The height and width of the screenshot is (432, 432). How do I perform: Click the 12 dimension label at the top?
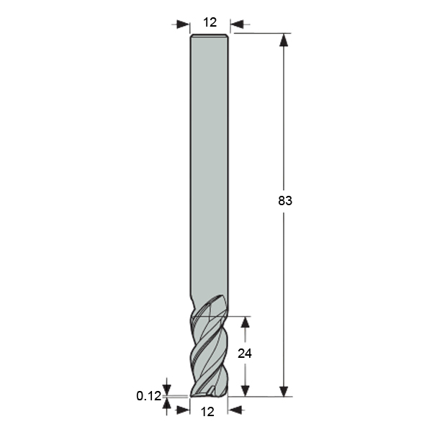tap(210, 22)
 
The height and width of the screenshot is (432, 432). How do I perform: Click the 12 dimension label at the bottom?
tap(207, 412)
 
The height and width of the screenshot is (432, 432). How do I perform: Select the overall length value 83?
tap(285, 201)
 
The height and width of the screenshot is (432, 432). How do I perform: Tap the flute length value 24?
tap(245, 354)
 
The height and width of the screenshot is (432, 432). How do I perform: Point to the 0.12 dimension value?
tap(149, 396)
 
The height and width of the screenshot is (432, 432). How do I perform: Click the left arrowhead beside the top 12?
tap(183, 24)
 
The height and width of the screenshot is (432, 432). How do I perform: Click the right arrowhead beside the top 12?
tap(237, 24)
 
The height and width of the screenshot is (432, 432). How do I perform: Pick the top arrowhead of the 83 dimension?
tap(284, 40)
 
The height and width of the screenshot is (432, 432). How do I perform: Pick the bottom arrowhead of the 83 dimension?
tap(284, 390)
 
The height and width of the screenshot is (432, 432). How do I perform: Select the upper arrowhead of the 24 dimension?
tap(245, 323)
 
